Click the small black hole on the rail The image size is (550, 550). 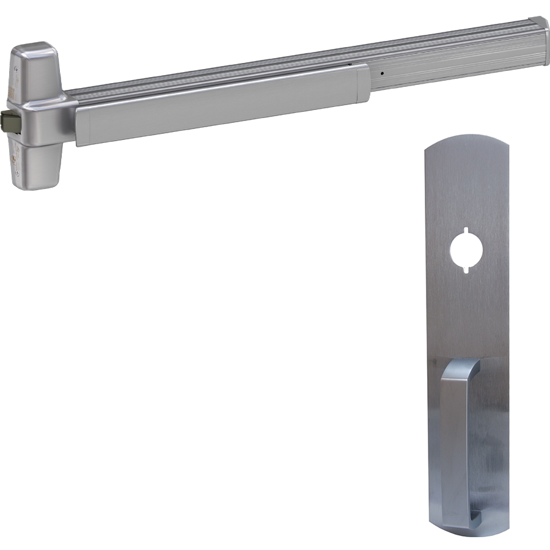382,75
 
